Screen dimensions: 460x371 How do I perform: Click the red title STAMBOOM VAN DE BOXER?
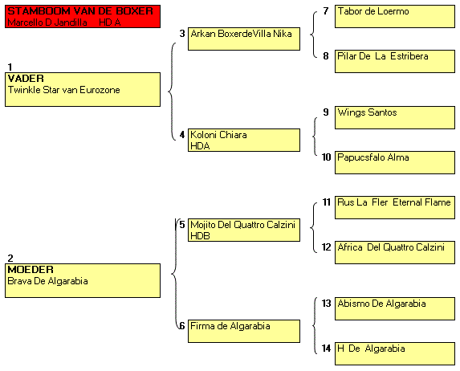tap(80, 11)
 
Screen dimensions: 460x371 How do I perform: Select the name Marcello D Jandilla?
tap(47, 22)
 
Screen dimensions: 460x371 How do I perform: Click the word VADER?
tap(26, 79)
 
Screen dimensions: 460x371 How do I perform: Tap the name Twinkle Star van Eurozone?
tap(64, 90)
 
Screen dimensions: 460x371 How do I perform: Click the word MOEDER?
tap(31, 270)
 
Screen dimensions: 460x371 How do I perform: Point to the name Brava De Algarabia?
tap(47, 281)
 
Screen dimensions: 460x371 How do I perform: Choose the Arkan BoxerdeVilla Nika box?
tap(244, 39)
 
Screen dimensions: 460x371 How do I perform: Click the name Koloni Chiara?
tap(218, 135)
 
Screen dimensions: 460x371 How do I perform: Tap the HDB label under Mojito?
tap(200, 236)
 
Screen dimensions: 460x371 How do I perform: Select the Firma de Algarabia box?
tap(244, 331)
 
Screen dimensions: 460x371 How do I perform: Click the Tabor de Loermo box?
tap(395, 16)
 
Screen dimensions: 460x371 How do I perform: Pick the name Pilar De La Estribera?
tap(383, 56)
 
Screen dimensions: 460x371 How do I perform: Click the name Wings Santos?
tap(367, 112)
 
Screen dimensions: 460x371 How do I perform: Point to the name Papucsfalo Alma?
tap(373, 157)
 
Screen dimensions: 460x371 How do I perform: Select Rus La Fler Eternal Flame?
tap(394, 202)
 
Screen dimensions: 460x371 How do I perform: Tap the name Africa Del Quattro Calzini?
tap(391, 247)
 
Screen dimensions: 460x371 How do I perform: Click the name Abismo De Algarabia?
tap(381, 304)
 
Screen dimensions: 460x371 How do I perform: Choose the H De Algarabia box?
tap(395, 353)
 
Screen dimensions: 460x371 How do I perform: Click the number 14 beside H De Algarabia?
tap(326, 349)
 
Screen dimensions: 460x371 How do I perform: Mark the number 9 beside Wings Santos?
tap(326, 112)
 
